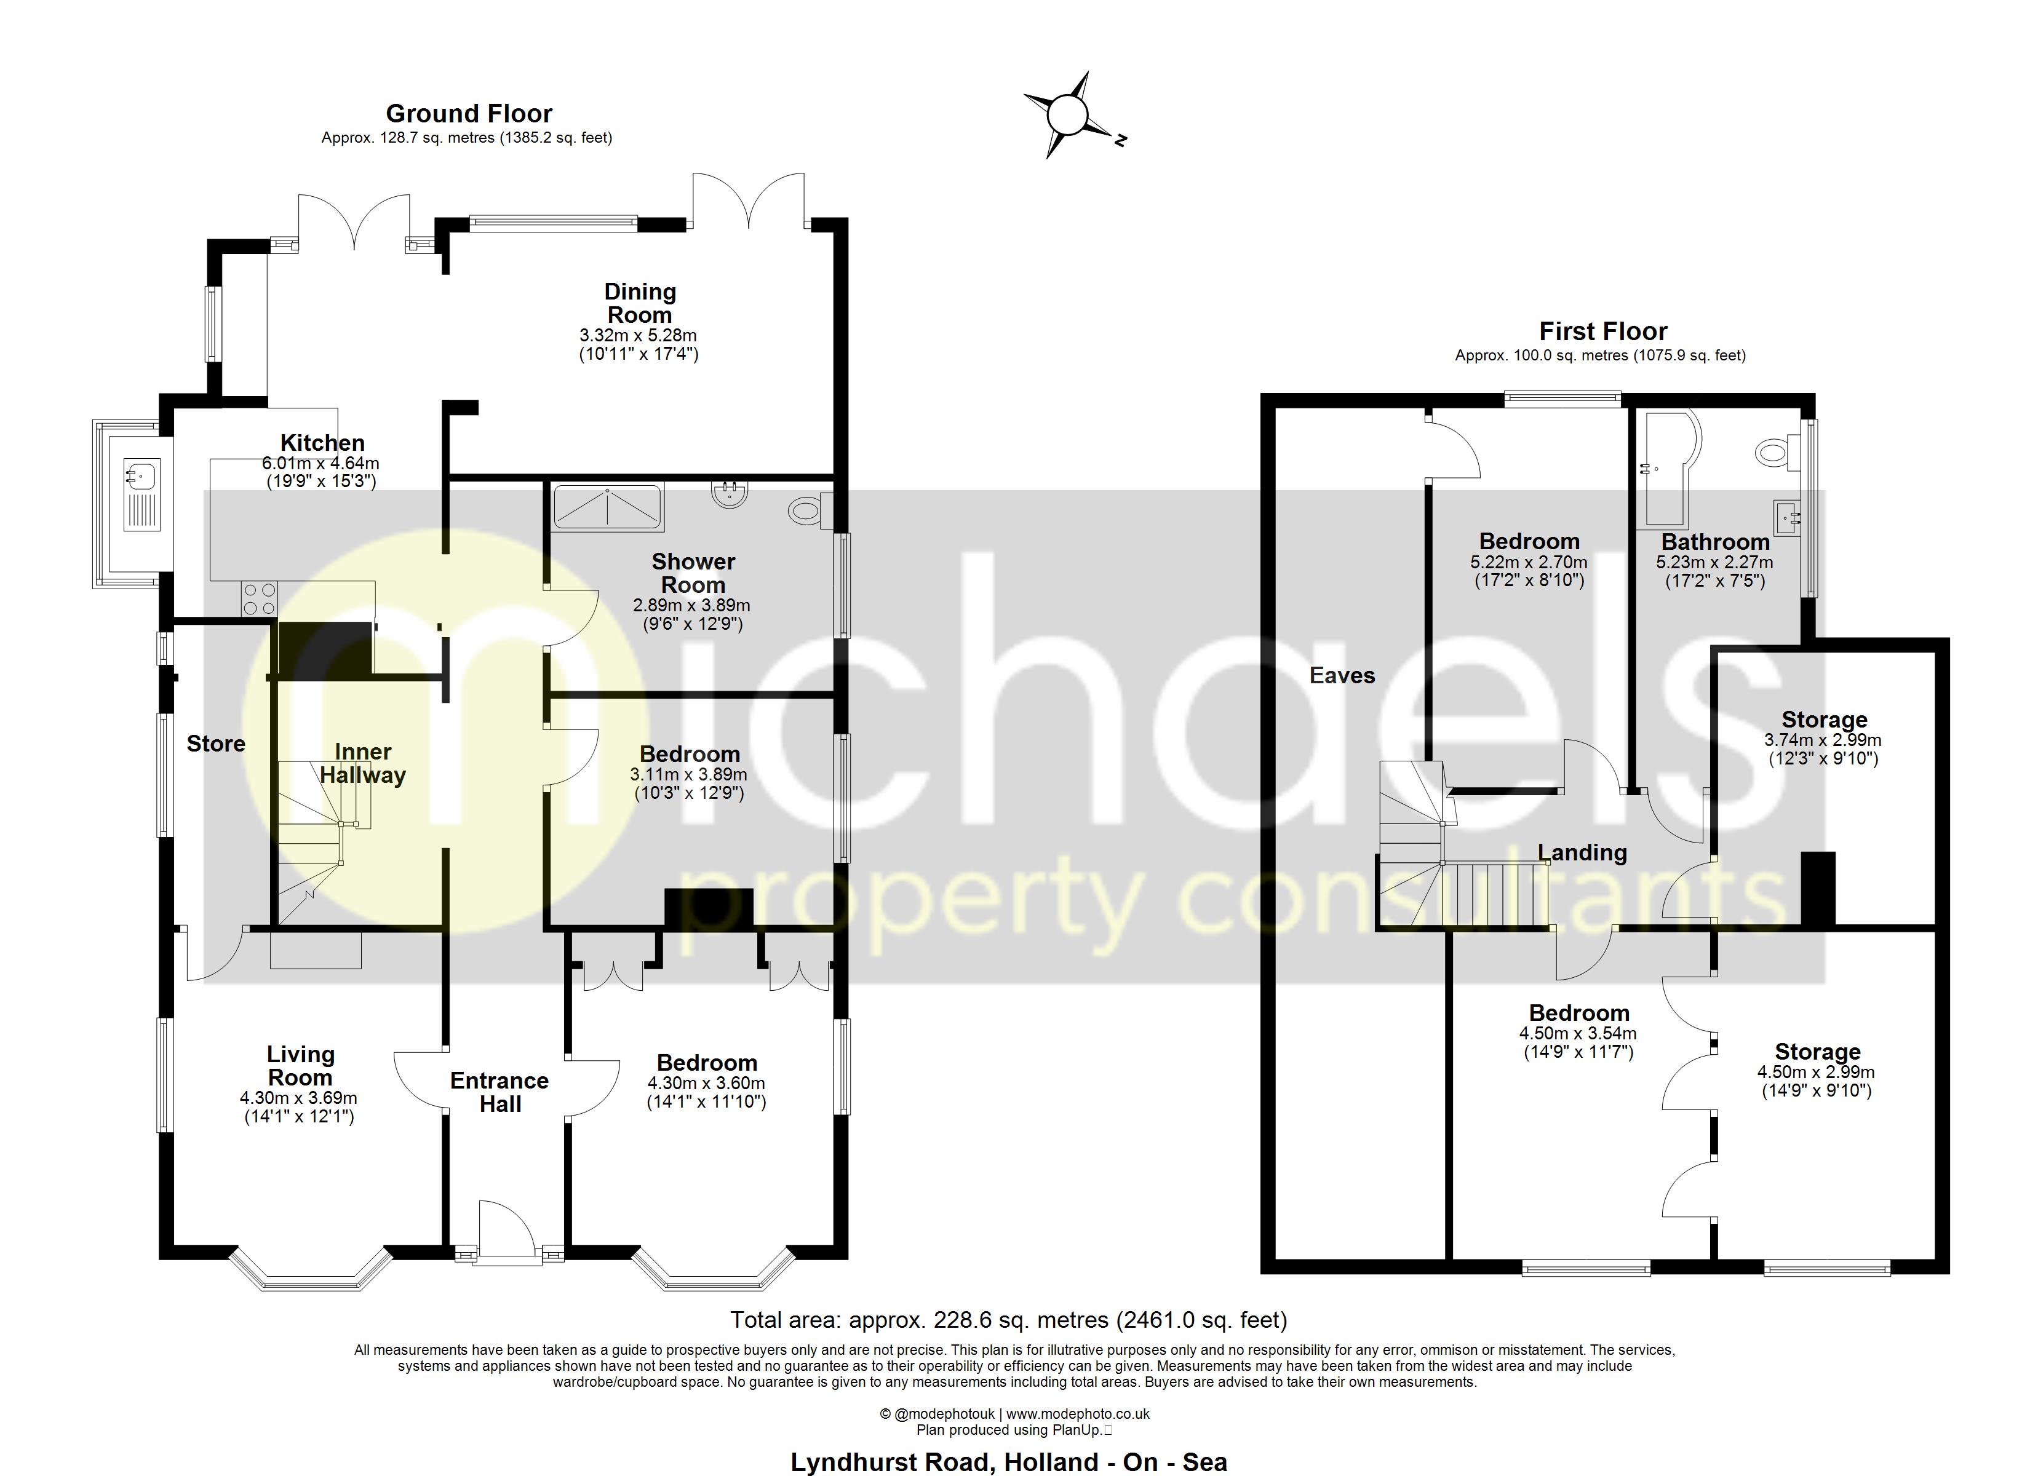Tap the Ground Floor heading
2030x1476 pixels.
point(468,114)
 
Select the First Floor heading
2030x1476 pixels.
point(1602,331)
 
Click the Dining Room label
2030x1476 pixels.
point(639,303)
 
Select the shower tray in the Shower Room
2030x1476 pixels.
point(608,506)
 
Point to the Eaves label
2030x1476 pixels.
point(1341,676)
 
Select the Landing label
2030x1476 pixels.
point(1582,852)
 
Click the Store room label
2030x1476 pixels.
point(216,744)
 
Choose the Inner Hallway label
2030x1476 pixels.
point(362,763)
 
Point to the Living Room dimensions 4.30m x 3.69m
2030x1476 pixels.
point(298,1098)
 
